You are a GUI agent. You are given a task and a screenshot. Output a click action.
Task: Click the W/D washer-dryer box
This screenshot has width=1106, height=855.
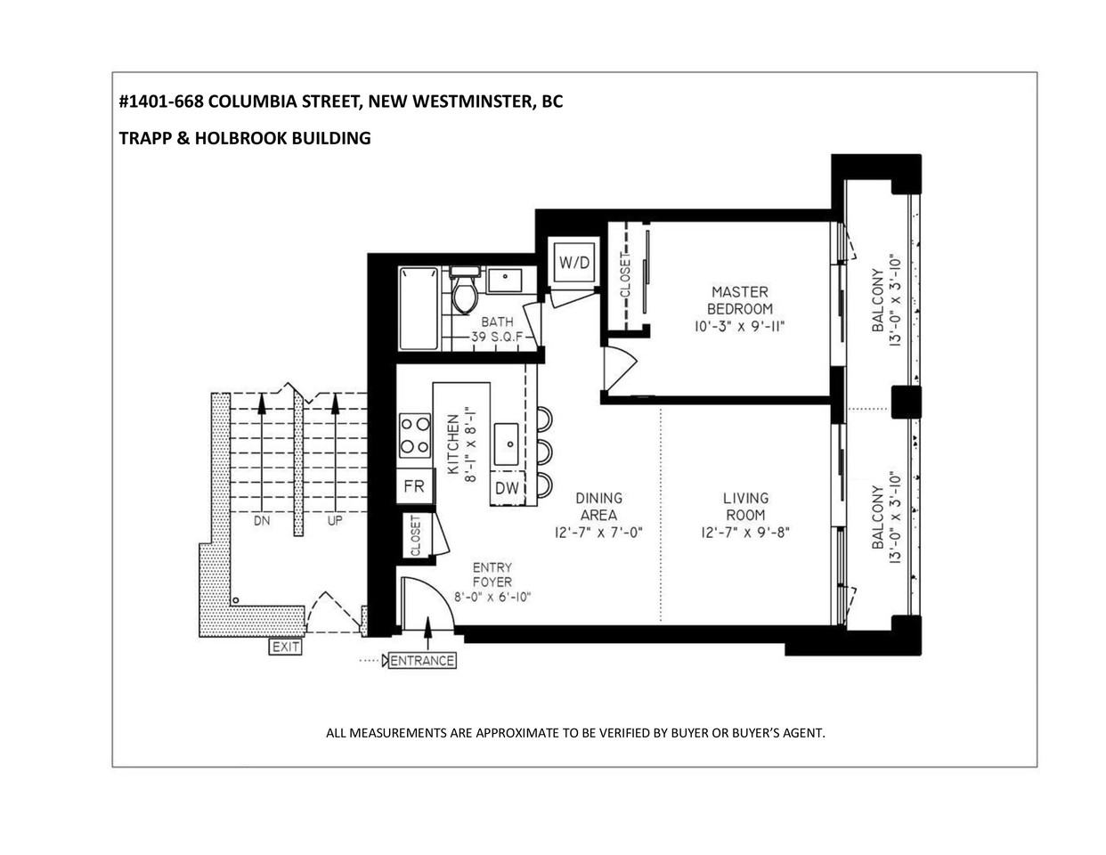(574, 262)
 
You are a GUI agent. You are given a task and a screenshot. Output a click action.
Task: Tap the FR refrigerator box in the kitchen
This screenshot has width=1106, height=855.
(415, 485)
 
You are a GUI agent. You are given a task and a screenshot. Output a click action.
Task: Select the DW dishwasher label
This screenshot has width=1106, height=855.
(507, 488)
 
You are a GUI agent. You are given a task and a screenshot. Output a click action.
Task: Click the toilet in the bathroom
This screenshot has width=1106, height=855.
(464, 290)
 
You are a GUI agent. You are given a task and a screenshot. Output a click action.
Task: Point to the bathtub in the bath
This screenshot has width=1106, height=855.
(419, 308)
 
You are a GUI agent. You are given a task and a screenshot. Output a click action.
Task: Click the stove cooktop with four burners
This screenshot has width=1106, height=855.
(415, 436)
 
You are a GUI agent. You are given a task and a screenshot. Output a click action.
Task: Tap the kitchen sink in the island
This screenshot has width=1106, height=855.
(507, 444)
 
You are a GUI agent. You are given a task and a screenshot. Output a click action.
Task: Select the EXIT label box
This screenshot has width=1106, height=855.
(285, 647)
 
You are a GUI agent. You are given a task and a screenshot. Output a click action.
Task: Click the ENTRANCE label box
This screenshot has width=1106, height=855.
(422, 660)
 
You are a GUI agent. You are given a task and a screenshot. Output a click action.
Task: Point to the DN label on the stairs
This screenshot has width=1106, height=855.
(262, 520)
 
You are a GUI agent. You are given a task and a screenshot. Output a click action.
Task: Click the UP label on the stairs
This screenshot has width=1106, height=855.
(335, 520)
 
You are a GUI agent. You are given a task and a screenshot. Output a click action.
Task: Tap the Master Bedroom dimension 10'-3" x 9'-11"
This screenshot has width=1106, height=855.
(739, 326)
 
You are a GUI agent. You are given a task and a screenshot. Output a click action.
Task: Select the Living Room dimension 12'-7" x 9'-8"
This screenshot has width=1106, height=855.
(745, 533)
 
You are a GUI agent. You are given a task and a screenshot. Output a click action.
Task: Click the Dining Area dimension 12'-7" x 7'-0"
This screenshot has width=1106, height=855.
(598, 533)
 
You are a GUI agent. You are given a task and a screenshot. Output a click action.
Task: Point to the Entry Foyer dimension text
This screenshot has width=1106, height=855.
(492, 597)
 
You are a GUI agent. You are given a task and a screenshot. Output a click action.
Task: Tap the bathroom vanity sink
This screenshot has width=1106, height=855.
(504, 280)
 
